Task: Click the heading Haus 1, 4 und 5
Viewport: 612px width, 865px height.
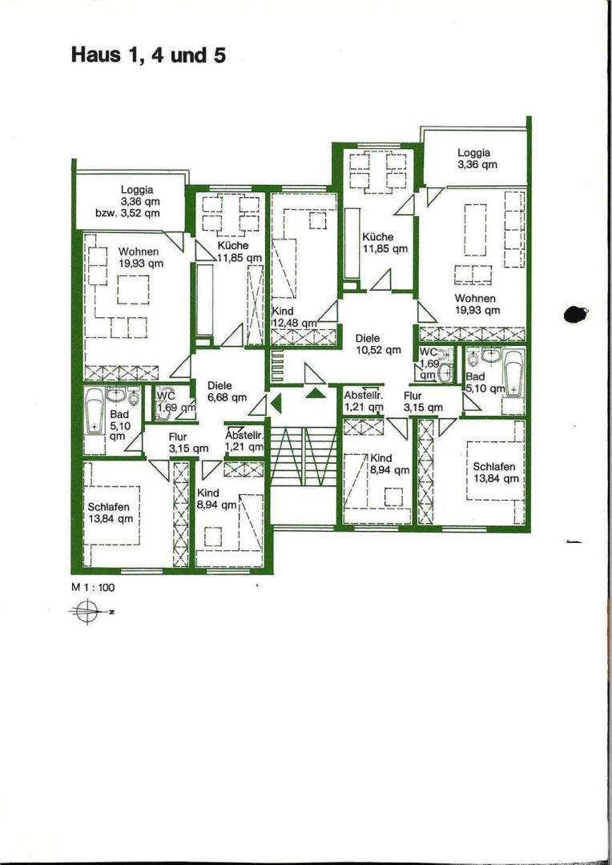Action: click(148, 56)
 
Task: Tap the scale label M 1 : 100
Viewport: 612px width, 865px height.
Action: click(93, 588)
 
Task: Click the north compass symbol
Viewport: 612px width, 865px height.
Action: click(88, 611)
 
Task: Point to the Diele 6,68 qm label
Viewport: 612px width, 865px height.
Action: click(227, 391)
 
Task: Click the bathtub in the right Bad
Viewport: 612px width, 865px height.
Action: click(513, 375)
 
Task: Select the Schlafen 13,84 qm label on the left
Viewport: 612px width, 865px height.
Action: click(110, 513)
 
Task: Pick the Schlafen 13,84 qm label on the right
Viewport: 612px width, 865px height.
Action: click(496, 473)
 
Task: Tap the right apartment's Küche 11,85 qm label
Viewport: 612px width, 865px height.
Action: click(385, 242)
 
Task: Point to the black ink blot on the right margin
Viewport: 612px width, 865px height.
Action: click(577, 315)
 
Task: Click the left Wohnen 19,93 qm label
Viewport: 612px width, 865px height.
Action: click(141, 258)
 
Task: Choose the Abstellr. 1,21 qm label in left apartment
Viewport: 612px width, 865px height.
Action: click(244, 441)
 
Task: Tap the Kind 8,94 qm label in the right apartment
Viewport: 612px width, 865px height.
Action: click(389, 464)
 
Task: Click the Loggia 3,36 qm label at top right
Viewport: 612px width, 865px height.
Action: click(474, 159)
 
